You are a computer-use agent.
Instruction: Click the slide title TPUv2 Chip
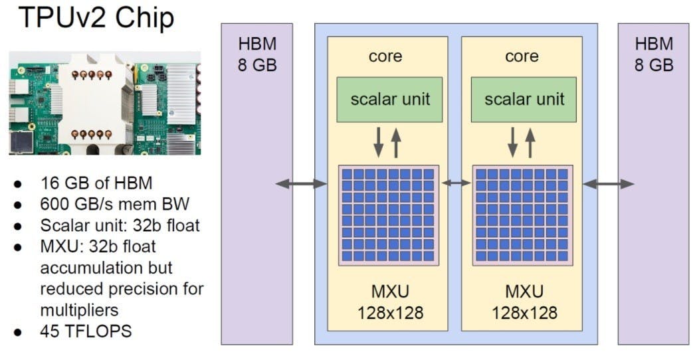click(x=96, y=18)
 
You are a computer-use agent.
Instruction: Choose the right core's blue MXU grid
click(x=522, y=215)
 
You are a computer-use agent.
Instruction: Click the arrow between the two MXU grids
click(x=455, y=183)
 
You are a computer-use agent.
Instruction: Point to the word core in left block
click(x=385, y=56)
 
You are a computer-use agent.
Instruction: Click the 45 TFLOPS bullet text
click(x=86, y=330)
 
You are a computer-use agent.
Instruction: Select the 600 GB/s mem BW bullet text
click(x=109, y=204)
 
